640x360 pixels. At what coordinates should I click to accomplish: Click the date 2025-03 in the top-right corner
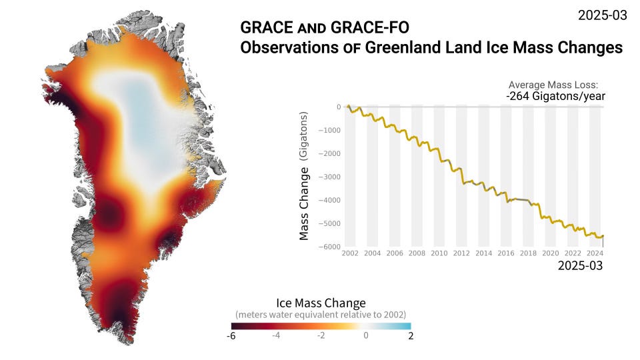602,15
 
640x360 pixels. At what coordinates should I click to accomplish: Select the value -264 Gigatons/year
555,97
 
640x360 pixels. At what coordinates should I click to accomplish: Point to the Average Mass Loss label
556,85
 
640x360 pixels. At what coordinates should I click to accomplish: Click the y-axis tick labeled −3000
331,177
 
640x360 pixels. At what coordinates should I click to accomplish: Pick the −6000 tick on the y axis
331,247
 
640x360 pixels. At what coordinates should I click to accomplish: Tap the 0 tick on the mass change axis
339,107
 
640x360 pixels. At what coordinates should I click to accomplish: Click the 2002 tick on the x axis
350,254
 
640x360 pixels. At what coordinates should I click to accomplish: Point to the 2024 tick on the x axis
595,254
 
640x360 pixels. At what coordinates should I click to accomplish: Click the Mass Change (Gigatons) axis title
304,176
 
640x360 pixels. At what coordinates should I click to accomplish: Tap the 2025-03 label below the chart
580,265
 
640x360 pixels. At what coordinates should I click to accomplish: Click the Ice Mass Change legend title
321,303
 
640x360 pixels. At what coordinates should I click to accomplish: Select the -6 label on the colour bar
231,336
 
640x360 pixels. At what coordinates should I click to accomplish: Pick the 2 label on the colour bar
411,336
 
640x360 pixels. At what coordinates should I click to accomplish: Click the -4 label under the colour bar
276,336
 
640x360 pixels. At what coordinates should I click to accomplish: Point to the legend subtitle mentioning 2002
321,314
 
